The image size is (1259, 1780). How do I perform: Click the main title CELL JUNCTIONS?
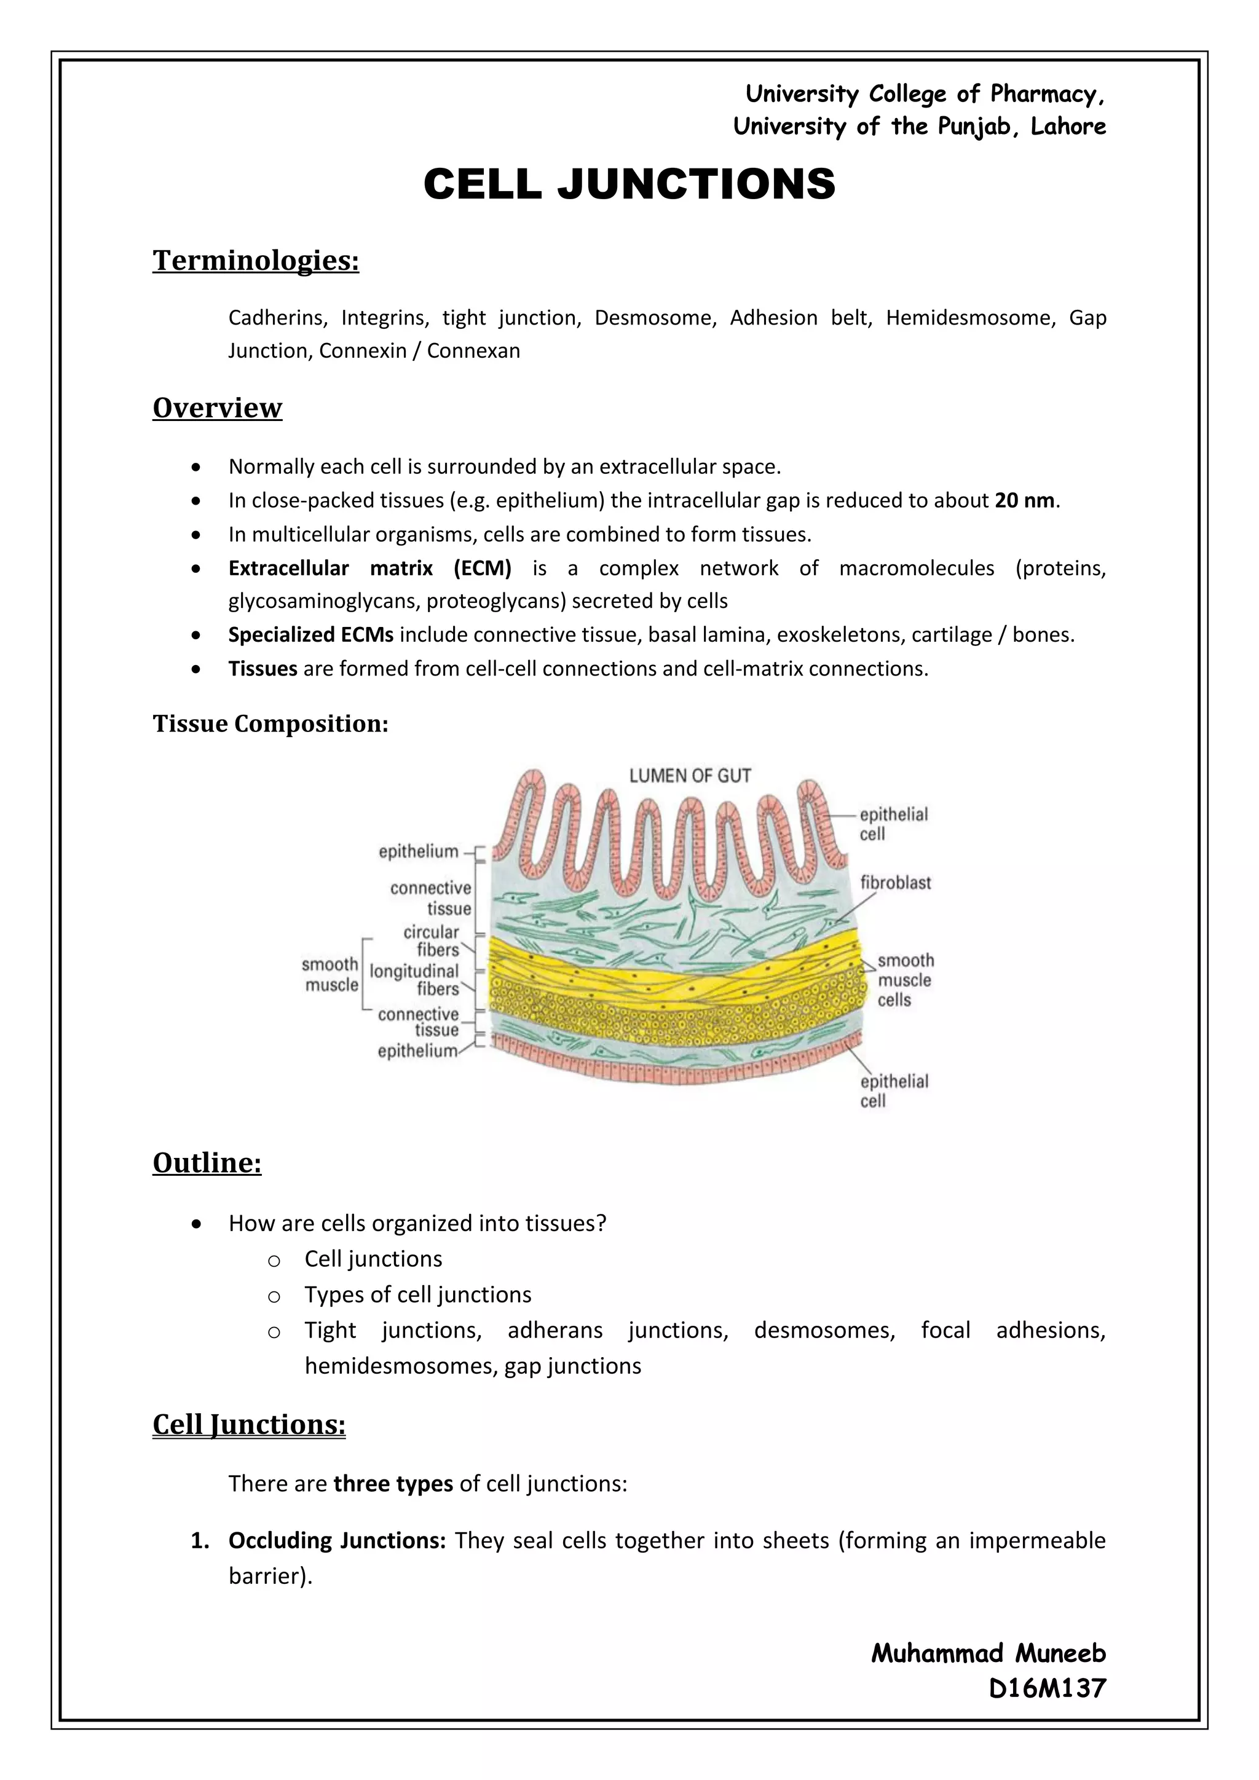(629, 184)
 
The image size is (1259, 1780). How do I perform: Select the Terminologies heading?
(256, 261)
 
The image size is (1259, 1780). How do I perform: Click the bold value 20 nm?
(1024, 501)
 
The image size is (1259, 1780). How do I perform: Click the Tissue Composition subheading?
(270, 723)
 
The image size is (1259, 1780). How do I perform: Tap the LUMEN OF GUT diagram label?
(689, 776)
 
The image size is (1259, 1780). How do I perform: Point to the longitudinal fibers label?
(416, 980)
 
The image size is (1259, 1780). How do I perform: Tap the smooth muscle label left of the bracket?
(331, 974)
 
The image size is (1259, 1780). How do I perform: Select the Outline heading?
(207, 1163)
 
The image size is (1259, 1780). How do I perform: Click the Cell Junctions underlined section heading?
(249, 1425)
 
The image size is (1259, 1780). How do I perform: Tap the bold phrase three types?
(393, 1484)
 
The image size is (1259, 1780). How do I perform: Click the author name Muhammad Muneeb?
(988, 1653)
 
